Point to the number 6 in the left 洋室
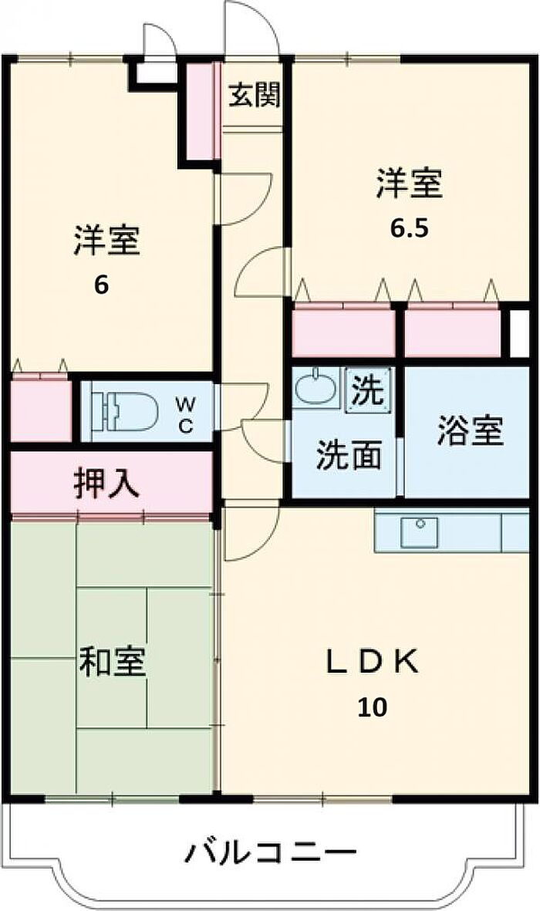click(x=101, y=285)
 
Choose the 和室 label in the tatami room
click(x=113, y=662)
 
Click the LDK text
click(x=372, y=662)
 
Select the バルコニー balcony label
click(x=270, y=853)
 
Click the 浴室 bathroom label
click(x=470, y=431)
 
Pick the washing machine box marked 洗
click(x=367, y=390)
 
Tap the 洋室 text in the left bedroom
click(x=107, y=241)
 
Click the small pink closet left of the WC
click(x=40, y=410)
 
